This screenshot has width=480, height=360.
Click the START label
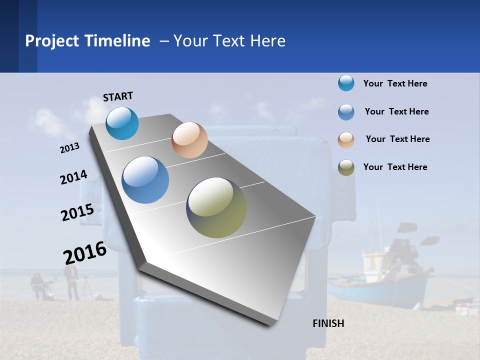(118, 96)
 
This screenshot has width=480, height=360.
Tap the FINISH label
(328, 323)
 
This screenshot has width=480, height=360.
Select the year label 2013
(69, 148)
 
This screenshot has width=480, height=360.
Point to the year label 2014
(73, 177)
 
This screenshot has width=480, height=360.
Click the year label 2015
(77, 212)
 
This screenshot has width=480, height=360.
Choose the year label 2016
(85, 253)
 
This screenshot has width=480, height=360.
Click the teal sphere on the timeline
(122, 123)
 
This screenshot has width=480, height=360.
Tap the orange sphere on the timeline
(189, 140)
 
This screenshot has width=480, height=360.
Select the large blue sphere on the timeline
(145, 180)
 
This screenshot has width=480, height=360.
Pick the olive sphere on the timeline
(216, 207)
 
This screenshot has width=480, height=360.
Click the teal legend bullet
(346, 83)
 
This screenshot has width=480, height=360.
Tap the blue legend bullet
(346, 111)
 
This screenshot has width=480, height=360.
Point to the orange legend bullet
(346, 139)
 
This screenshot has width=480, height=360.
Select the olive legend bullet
(346, 167)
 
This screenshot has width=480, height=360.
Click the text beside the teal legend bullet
(395, 83)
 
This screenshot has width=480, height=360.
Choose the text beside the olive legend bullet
(395, 167)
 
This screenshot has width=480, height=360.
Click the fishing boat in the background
(385, 280)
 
